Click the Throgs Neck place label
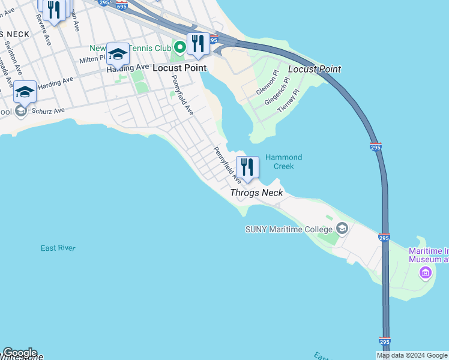pos(256,193)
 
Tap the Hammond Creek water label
pos(283,161)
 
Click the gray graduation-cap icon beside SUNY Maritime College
pos(342,228)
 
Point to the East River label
pos(58,248)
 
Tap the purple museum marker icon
pos(426,273)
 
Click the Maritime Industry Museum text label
pos(428,255)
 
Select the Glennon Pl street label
pos(267,83)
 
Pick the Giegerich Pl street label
pos(278,91)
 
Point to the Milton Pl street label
pos(92,59)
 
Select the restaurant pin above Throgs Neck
pos(247,167)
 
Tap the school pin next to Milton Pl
pos(118,54)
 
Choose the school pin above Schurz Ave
pos(25,92)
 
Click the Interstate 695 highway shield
pos(122,7)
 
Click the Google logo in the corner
pos(20,353)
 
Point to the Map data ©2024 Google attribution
pos(412,355)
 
